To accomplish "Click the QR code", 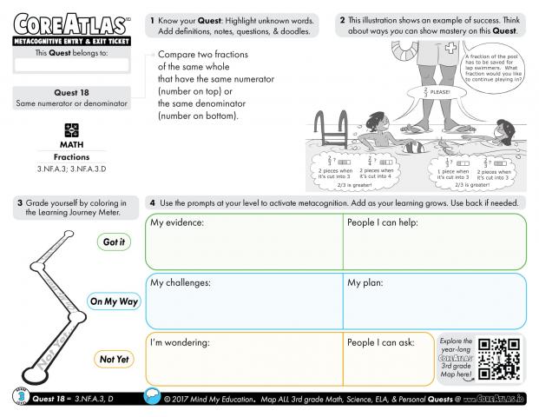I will (x=503, y=360).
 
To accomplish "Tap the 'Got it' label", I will (x=113, y=242).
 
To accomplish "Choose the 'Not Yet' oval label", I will (x=113, y=358).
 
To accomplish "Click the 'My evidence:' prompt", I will (x=177, y=223).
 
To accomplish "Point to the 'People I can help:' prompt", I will (x=383, y=223).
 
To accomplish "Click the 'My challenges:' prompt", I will (x=181, y=282).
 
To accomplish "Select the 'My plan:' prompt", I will (x=366, y=282).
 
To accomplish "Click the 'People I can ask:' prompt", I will (x=381, y=342).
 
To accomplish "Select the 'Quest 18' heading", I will (x=71, y=93).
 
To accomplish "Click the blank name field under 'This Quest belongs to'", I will (x=71, y=64).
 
